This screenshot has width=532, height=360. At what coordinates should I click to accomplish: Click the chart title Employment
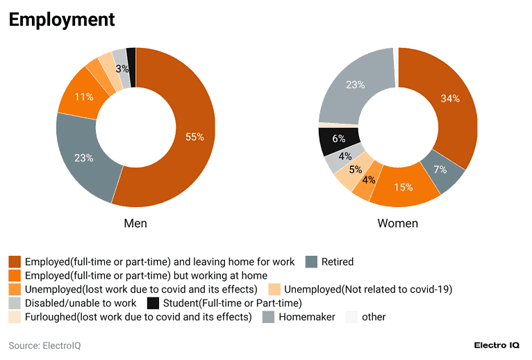tap(62, 19)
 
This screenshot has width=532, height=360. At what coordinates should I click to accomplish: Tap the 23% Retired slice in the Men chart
tap(84, 158)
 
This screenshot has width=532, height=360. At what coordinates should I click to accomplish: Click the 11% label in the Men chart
tap(84, 97)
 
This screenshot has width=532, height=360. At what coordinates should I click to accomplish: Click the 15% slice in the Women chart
tap(404, 187)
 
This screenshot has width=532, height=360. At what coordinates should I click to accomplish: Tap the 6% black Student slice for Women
tap(339, 139)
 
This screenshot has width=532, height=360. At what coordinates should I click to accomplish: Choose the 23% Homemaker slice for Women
tap(356, 85)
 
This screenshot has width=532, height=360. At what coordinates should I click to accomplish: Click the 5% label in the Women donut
tap(355, 170)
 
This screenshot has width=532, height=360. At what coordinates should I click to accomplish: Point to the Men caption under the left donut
tap(135, 223)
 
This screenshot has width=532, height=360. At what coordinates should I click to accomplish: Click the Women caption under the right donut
tap(398, 223)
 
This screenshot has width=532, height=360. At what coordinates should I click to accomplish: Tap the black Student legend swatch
tap(154, 303)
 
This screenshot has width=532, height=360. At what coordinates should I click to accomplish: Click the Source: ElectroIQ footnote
tap(44, 345)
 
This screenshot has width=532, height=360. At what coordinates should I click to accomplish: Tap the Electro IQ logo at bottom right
tap(498, 345)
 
